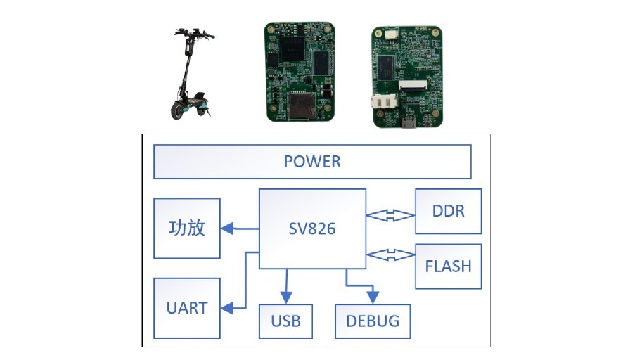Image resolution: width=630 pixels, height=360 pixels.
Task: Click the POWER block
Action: pos(312,162)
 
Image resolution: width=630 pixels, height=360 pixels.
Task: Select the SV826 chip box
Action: pos(312,229)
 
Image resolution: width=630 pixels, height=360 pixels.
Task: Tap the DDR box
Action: pos(448,211)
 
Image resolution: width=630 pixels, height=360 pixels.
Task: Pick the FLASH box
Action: pos(448,266)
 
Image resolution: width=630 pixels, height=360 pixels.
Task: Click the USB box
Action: pos(285,321)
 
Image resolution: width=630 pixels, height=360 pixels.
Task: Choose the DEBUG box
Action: pos(373,321)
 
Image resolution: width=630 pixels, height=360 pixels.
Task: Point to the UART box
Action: pos(187,308)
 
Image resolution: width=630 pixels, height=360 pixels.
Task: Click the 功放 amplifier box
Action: pos(187,229)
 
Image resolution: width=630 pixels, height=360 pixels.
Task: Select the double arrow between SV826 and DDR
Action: pos(390,215)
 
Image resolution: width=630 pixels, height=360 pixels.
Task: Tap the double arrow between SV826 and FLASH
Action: pos(390,255)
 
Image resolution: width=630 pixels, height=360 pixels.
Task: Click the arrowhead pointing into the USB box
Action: pos(286,297)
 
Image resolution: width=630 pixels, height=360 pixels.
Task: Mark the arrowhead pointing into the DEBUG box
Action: pos(373,297)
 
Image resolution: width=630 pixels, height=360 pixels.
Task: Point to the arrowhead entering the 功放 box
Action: pos(227,229)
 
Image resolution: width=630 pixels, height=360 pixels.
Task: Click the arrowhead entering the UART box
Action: pos(227,308)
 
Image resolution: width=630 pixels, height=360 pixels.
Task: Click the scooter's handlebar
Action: pos(195,34)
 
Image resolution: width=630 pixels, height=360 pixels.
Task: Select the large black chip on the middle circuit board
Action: pos(292,49)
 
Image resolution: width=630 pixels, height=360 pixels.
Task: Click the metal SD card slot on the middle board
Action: pos(300,105)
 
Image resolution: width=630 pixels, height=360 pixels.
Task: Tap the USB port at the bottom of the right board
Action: pos(409,123)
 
